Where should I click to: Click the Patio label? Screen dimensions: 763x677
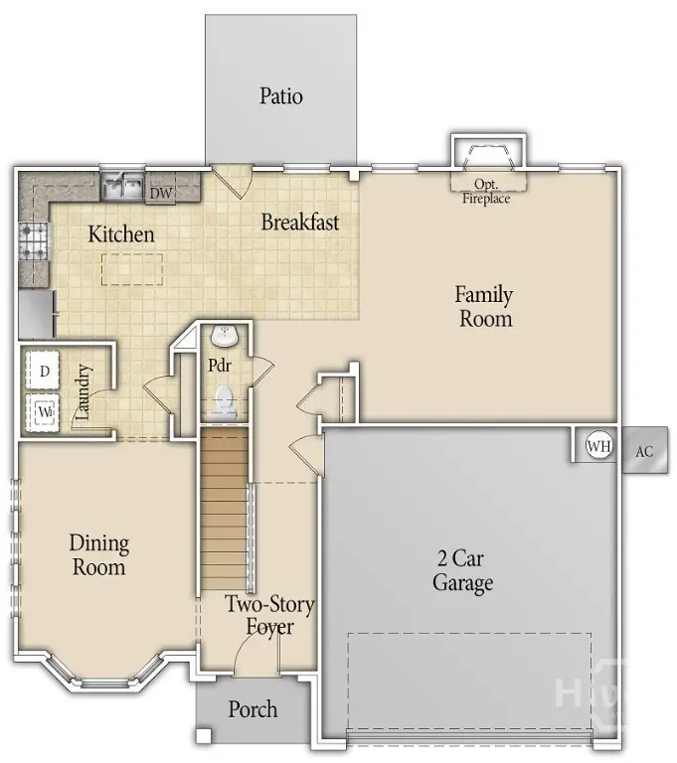[281, 96]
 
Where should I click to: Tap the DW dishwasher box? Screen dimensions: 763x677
[160, 193]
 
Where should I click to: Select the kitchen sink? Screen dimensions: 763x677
[124, 186]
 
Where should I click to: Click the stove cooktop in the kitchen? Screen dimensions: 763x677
[32, 241]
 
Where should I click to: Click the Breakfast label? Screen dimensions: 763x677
[299, 222]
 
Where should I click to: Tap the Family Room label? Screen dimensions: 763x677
[484, 306]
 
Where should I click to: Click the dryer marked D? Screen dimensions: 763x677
[45, 372]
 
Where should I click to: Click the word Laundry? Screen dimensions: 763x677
[85, 392]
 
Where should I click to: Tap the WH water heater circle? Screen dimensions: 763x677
[598, 446]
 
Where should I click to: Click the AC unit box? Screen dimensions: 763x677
[644, 451]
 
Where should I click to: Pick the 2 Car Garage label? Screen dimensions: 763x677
[462, 570]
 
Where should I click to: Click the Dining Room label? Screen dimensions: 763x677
[98, 555]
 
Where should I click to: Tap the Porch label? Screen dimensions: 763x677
[254, 709]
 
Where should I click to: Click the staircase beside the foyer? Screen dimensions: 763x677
[224, 507]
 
